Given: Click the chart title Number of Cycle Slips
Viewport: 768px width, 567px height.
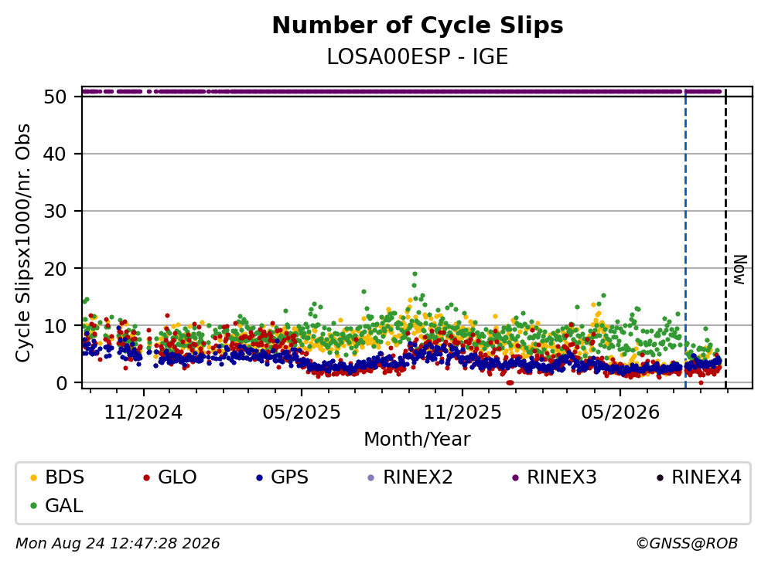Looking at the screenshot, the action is [418, 25].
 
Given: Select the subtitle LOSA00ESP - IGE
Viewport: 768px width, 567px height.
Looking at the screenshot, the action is [418, 56].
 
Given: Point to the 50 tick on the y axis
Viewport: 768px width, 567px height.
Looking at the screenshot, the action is [55, 97].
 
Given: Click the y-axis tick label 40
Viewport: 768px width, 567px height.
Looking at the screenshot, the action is [55, 154].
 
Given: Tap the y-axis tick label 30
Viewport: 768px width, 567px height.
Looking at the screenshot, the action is [55, 212].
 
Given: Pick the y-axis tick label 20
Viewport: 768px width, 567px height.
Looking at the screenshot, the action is [55, 269].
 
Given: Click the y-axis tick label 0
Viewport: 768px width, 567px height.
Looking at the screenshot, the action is [61, 383].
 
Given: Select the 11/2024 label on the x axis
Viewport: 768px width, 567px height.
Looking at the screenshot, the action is [144, 413].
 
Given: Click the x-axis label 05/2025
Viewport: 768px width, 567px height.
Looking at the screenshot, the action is [302, 413].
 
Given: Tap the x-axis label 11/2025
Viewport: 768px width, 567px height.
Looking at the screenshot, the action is [463, 413].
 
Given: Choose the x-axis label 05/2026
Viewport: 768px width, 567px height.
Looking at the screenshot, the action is [620, 413].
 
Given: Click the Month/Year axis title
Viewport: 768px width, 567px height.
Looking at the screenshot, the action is [418, 440].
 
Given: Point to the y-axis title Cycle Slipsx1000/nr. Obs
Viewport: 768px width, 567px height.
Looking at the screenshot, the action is [23, 243].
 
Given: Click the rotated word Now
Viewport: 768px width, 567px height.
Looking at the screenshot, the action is [740, 270].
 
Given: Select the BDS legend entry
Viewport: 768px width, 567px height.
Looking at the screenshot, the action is [56, 477].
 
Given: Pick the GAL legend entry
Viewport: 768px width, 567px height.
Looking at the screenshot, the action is [56, 506].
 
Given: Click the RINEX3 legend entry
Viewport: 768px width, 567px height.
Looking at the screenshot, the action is [554, 477].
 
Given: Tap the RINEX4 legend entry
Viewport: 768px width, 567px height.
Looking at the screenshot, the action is [699, 477].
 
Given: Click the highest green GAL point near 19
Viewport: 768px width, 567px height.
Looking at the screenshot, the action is [415, 274].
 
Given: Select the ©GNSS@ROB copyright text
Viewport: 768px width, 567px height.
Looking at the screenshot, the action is [687, 544].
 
